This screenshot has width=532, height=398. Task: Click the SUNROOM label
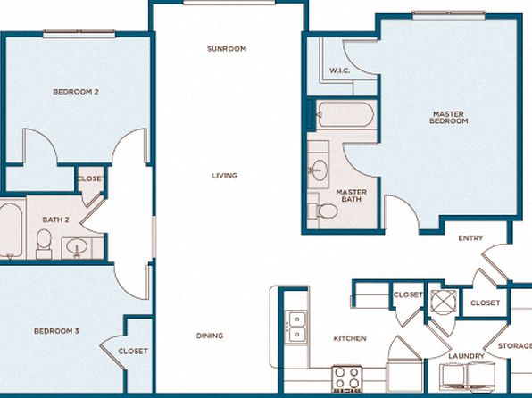point(227,49)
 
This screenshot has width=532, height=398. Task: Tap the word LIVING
point(224,176)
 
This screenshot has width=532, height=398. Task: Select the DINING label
point(210,336)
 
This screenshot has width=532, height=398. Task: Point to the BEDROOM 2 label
point(76,92)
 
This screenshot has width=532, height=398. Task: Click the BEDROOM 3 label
point(56,331)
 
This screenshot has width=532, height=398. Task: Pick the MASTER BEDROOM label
point(448,118)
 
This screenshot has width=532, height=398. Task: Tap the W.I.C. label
point(339,70)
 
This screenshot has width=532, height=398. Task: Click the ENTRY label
point(470,238)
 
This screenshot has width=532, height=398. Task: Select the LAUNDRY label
point(466,356)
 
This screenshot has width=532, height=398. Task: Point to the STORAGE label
point(515,345)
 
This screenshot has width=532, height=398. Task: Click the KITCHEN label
point(350,338)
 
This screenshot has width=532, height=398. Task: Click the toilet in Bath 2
point(44,244)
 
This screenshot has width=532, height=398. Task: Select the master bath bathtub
point(345,114)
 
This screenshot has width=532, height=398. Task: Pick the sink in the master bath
point(319,170)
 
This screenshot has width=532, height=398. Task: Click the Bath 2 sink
point(78,246)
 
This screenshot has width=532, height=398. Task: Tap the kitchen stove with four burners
point(347,378)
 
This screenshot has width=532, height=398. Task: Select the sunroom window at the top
point(229,3)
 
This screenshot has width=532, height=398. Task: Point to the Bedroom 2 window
point(79,34)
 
